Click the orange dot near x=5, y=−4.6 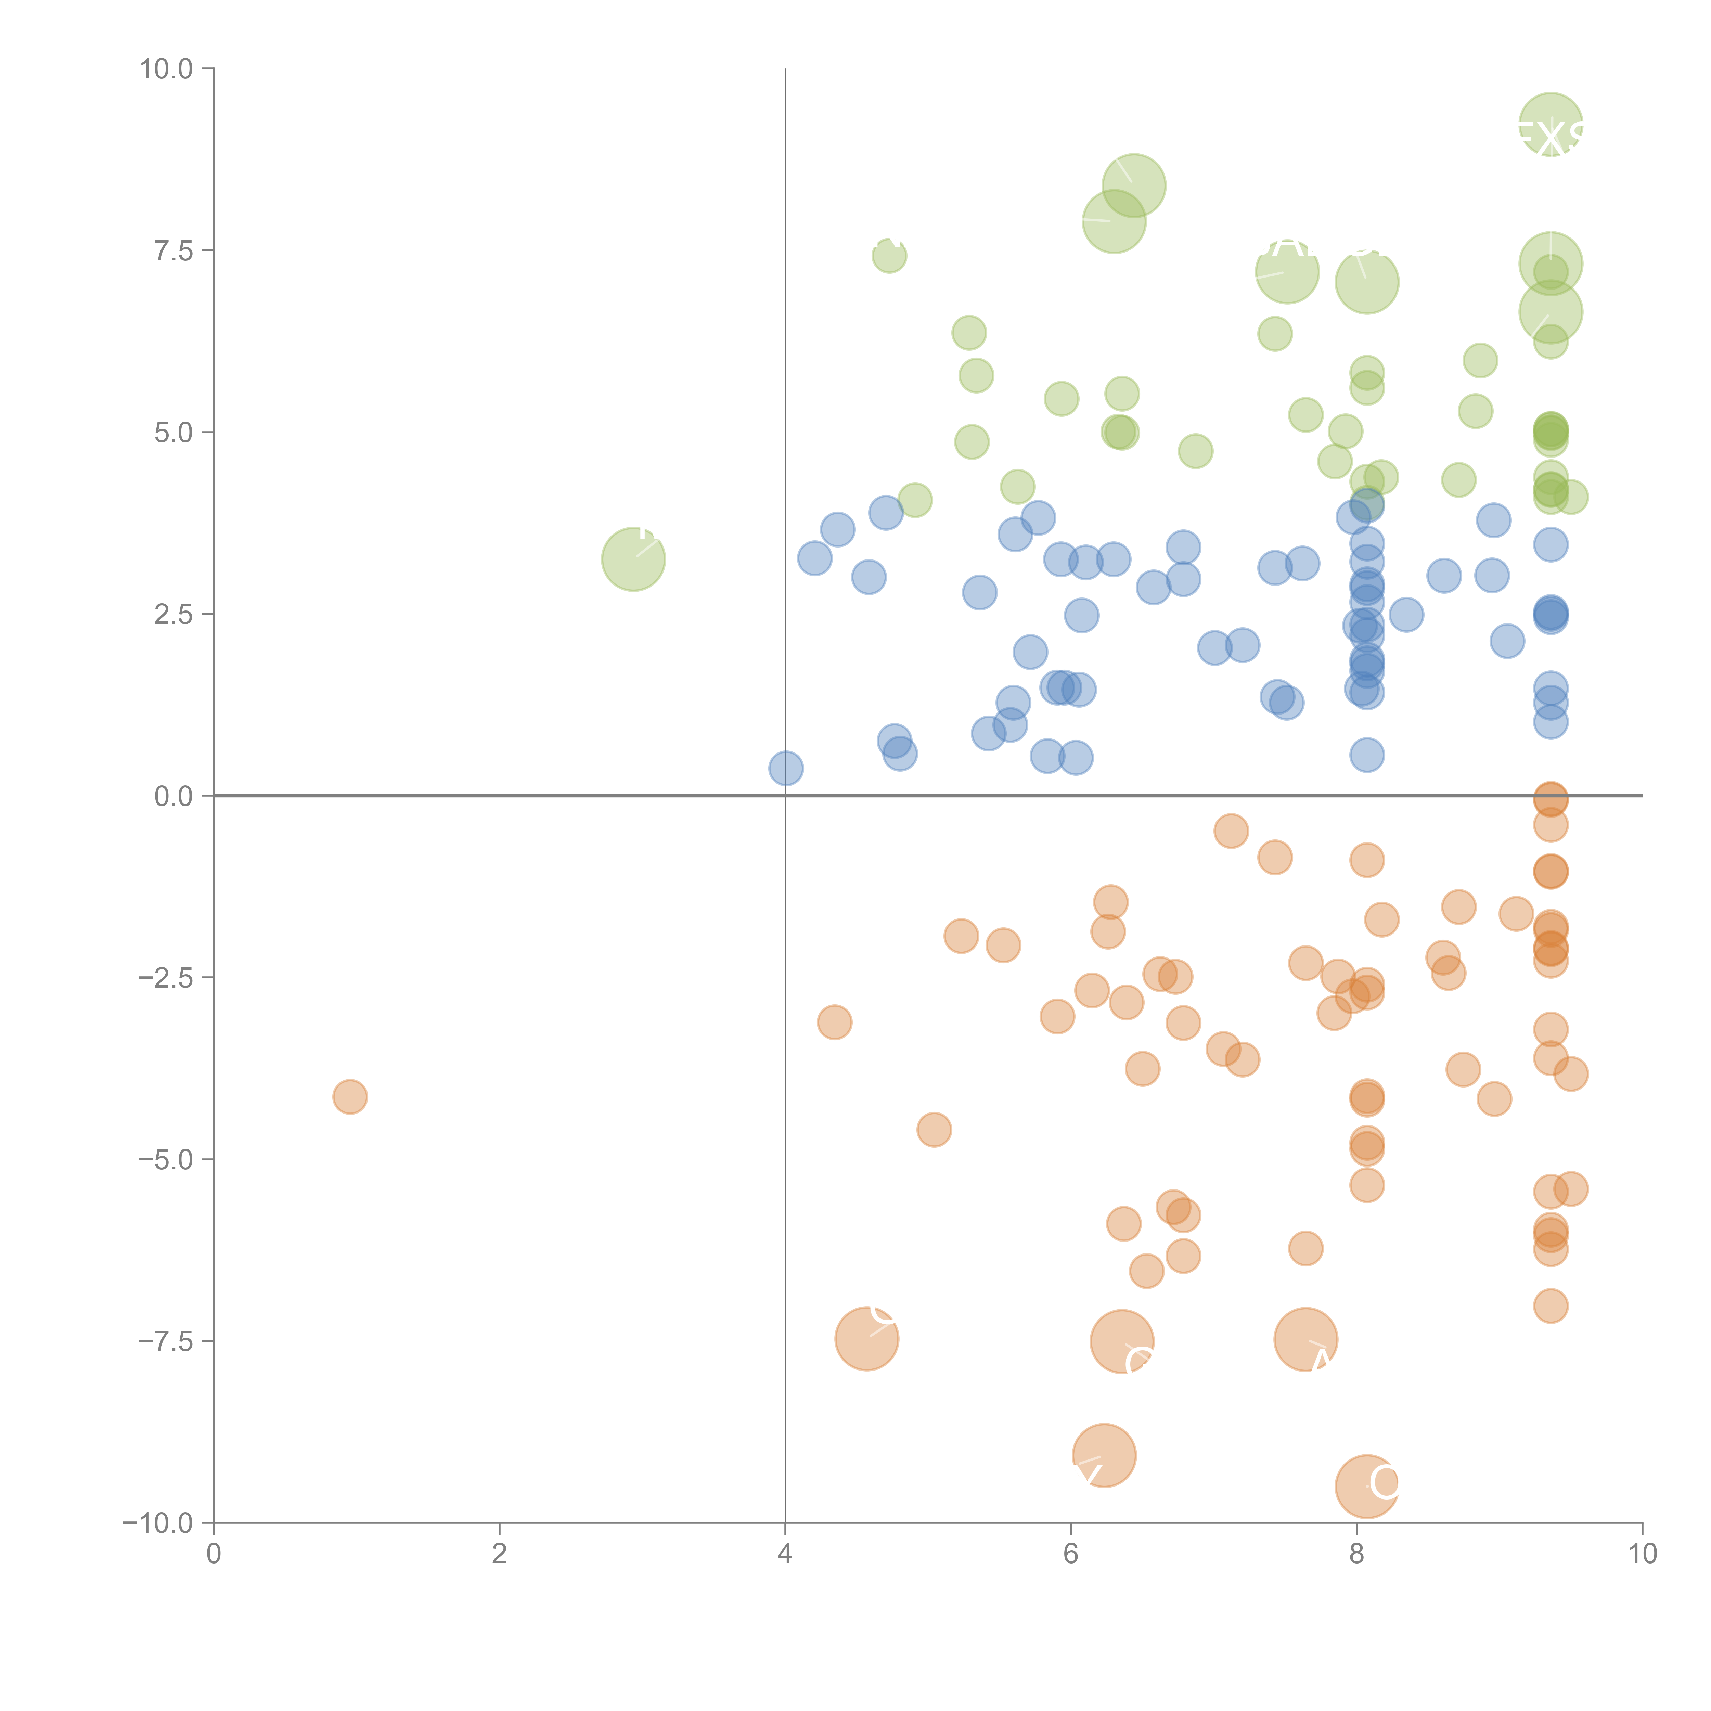click(x=934, y=1130)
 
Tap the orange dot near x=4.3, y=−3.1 click(x=834, y=1023)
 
